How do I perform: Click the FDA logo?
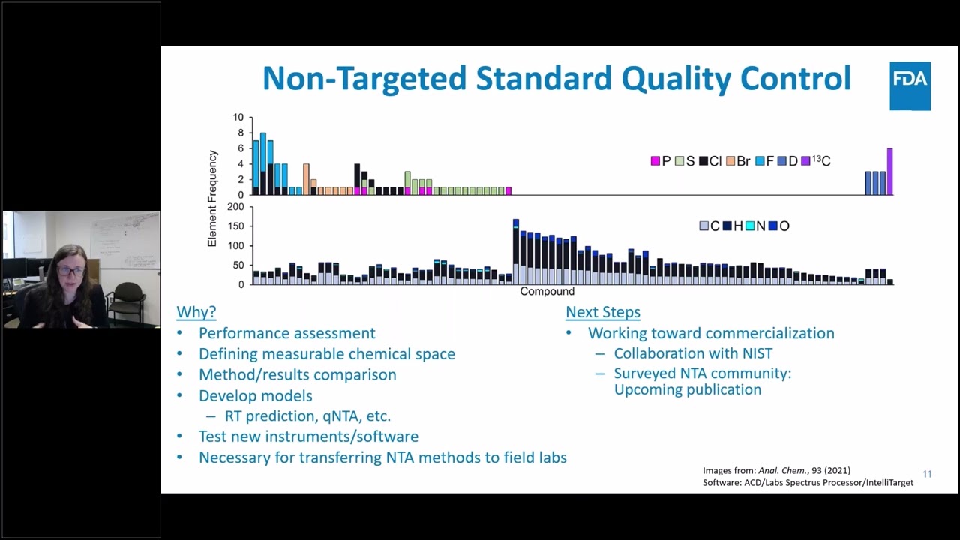point(910,85)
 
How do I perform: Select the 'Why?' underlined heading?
point(196,312)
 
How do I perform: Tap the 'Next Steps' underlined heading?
point(602,312)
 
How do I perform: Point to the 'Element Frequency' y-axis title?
point(212,199)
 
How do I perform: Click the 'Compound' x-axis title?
point(547,291)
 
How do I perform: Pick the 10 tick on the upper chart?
point(238,118)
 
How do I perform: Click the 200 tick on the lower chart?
point(235,207)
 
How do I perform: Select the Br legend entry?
point(738,161)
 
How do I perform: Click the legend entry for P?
point(661,161)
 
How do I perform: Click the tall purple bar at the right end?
point(889,172)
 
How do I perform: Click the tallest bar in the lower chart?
point(516,251)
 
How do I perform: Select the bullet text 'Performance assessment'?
point(286,333)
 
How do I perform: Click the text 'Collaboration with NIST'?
point(692,353)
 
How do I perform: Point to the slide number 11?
point(927,474)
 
